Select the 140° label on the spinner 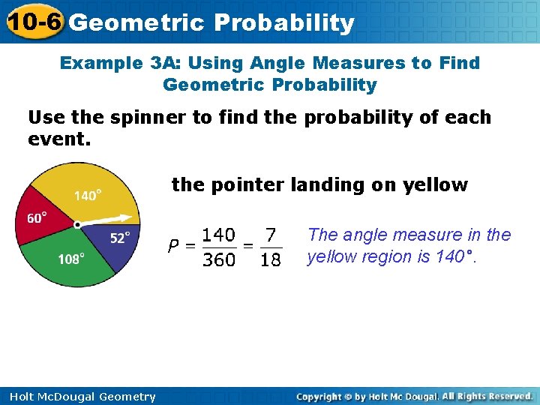(x=88, y=196)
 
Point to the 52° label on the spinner (x=120, y=238)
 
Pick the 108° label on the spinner (x=70, y=259)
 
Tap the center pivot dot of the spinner (x=77, y=224)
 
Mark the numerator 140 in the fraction (x=219, y=235)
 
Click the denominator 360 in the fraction (x=219, y=259)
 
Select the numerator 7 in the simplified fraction (x=270, y=235)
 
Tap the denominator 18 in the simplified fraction (x=270, y=259)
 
